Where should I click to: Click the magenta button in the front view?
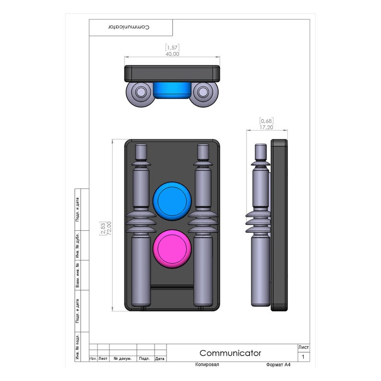(172, 249)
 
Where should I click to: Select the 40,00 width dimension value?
(172, 54)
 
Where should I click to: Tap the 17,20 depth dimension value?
(266, 127)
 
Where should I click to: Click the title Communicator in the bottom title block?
(230, 353)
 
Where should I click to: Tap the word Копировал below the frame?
(207, 365)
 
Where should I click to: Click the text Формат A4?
(278, 365)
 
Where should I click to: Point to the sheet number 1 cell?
(303, 357)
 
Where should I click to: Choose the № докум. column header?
(123, 358)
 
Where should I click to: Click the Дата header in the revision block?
(160, 358)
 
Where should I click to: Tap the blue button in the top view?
(172, 89)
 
